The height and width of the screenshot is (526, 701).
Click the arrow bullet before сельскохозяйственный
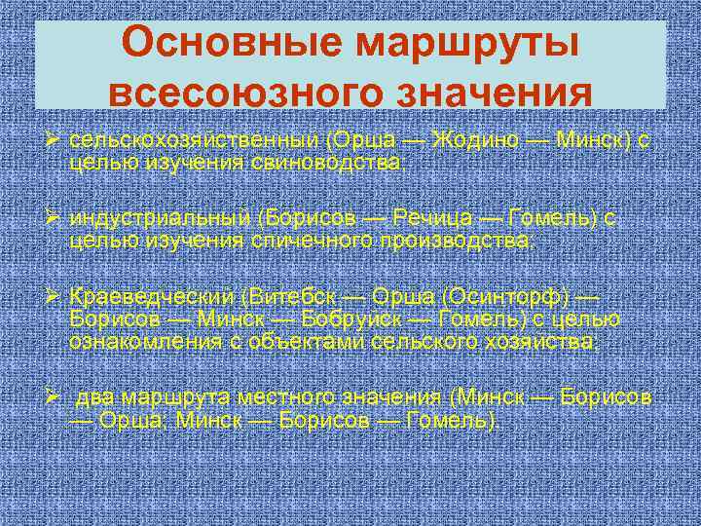click(x=57, y=141)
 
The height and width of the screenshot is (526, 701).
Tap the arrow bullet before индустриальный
click(x=57, y=218)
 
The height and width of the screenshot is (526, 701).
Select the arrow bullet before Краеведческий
click(x=57, y=296)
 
